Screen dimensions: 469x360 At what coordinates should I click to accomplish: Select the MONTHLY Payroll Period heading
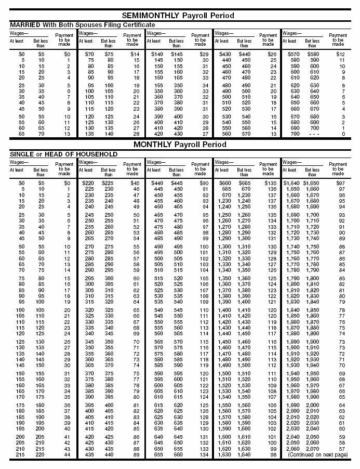click(x=179, y=144)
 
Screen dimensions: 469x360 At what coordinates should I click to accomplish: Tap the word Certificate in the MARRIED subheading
click(x=136, y=25)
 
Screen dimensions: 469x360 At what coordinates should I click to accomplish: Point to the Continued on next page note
click(x=318, y=454)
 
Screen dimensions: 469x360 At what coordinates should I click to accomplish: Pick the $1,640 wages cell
click(x=290, y=183)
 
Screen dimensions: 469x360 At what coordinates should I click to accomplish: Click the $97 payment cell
click(x=340, y=183)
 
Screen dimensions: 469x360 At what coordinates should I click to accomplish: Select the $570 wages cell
click(x=291, y=54)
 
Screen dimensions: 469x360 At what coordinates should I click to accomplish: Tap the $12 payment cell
click(x=340, y=54)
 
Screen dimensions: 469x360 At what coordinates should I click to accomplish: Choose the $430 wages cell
click(x=223, y=54)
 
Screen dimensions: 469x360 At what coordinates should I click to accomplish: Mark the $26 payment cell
click(x=272, y=54)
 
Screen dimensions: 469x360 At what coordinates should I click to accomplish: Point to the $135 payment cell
click(x=271, y=183)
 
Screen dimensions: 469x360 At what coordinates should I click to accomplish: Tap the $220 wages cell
click(x=86, y=183)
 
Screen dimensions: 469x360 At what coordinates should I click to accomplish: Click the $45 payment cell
click(x=135, y=183)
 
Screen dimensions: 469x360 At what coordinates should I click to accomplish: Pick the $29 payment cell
click(x=204, y=54)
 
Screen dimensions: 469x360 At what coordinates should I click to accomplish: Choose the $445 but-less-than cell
click(x=177, y=183)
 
